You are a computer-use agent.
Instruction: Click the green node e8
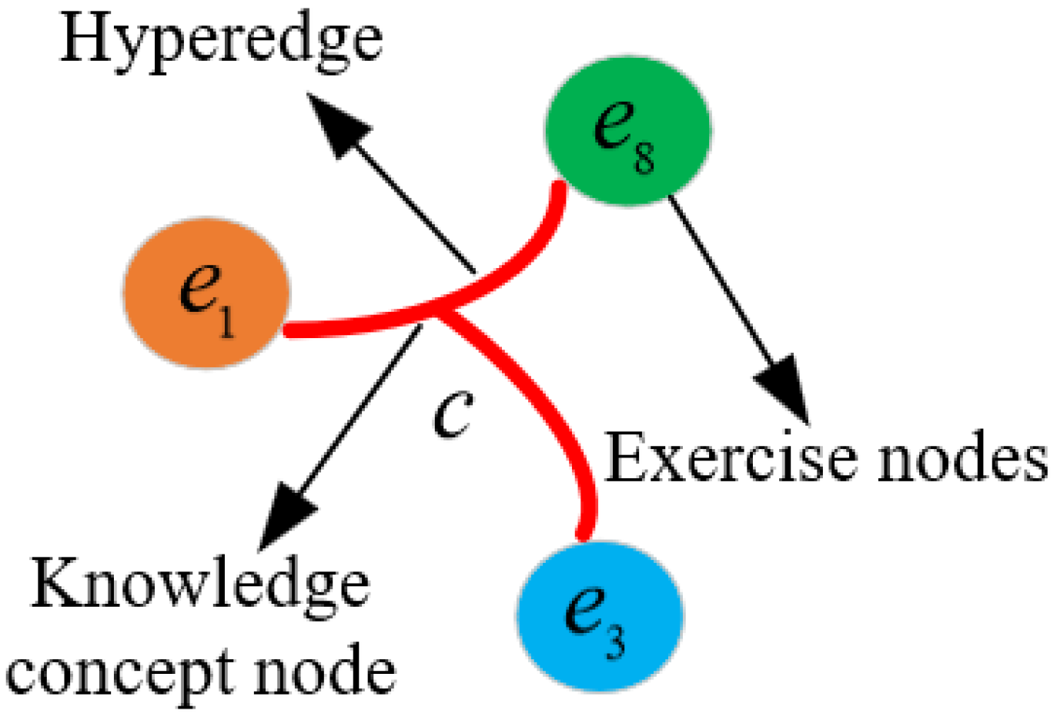(627, 130)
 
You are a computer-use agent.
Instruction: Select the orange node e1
(206, 293)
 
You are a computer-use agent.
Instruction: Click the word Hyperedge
(221, 40)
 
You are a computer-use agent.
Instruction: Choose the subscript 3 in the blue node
(615, 641)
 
